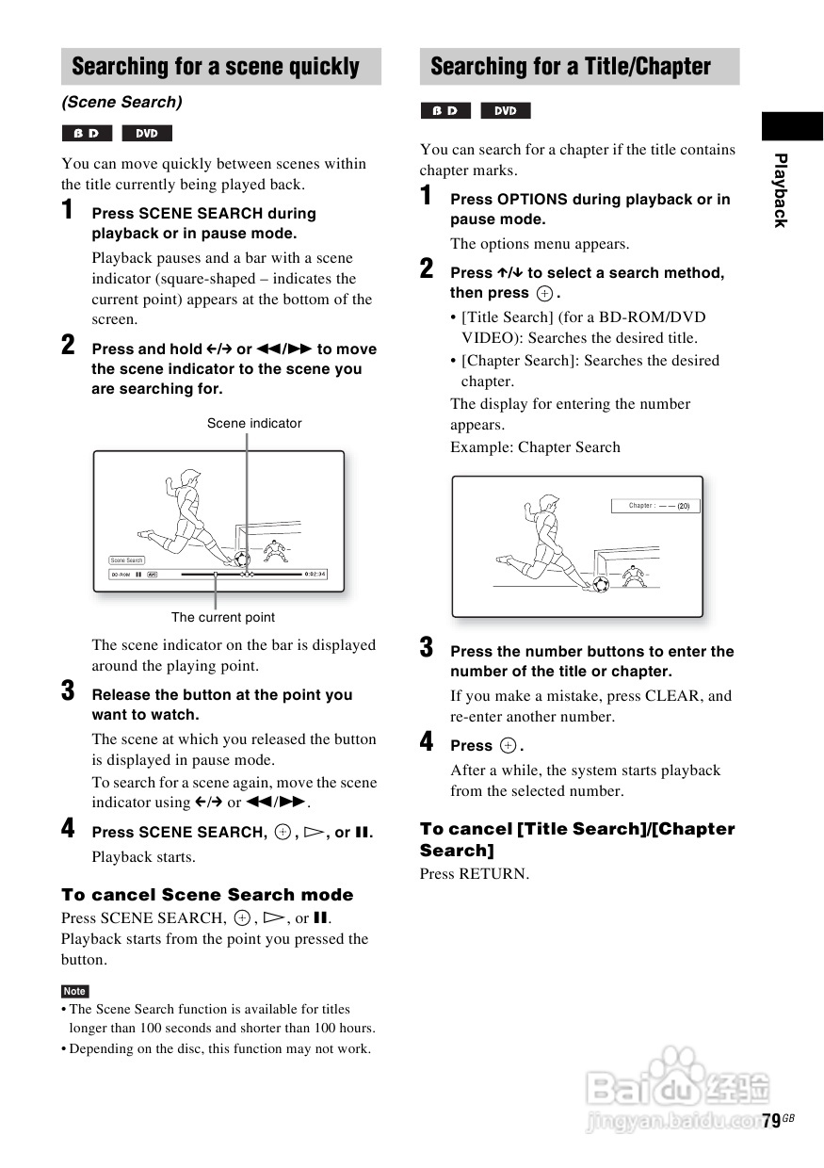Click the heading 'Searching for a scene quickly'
pyautogui.click(x=216, y=67)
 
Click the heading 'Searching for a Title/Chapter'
pyautogui.click(x=570, y=67)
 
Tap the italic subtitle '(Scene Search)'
pyautogui.click(x=121, y=102)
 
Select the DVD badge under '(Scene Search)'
pyautogui.click(x=147, y=134)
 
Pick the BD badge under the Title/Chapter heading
pyautogui.click(x=444, y=111)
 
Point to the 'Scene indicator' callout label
pyautogui.click(x=254, y=423)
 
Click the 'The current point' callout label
pyautogui.click(x=223, y=617)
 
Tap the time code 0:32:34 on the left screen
pyautogui.click(x=315, y=574)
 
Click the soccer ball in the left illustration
pyautogui.click(x=242, y=559)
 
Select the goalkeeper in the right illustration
pyautogui.click(x=632, y=574)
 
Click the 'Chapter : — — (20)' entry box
pyautogui.click(x=657, y=506)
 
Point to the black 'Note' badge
pyautogui.click(x=74, y=991)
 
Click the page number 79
pyautogui.click(x=770, y=1121)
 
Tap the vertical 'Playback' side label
pyautogui.click(x=780, y=189)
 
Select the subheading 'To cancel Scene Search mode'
pyautogui.click(x=207, y=895)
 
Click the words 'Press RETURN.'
pyautogui.click(x=475, y=873)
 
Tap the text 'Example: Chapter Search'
pyautogui.click(x=535, y=447)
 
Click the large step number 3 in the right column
pyautogui.click(x=427, y=648)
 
